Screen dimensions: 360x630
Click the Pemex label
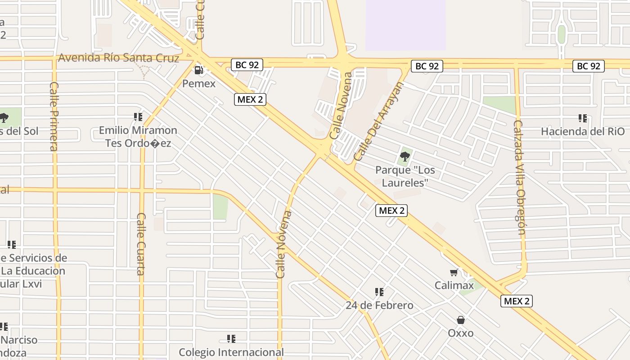point(199,84)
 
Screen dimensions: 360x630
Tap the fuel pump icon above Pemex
point(198,70)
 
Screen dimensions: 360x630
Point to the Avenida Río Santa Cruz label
point(119,58)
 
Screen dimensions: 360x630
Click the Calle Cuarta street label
point(141,243)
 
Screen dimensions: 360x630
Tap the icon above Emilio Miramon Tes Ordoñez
point(138,117)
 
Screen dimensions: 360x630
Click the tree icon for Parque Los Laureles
point(405,157)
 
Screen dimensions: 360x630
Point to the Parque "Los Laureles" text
point(405,176)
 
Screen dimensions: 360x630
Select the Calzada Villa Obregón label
point(520,177)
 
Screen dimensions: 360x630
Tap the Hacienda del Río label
point(583,131)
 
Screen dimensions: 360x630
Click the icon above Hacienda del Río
point(583,118)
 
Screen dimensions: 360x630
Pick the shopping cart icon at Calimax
point(454,273)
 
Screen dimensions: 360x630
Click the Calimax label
point(454,285)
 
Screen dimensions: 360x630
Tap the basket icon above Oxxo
point(460,320)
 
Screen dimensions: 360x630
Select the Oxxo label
point(460,333)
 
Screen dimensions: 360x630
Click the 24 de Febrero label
point(379,306)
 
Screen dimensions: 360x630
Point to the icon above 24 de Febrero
point(379,292)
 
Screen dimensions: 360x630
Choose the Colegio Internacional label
point(231,352)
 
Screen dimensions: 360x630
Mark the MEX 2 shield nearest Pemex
point(250,99)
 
